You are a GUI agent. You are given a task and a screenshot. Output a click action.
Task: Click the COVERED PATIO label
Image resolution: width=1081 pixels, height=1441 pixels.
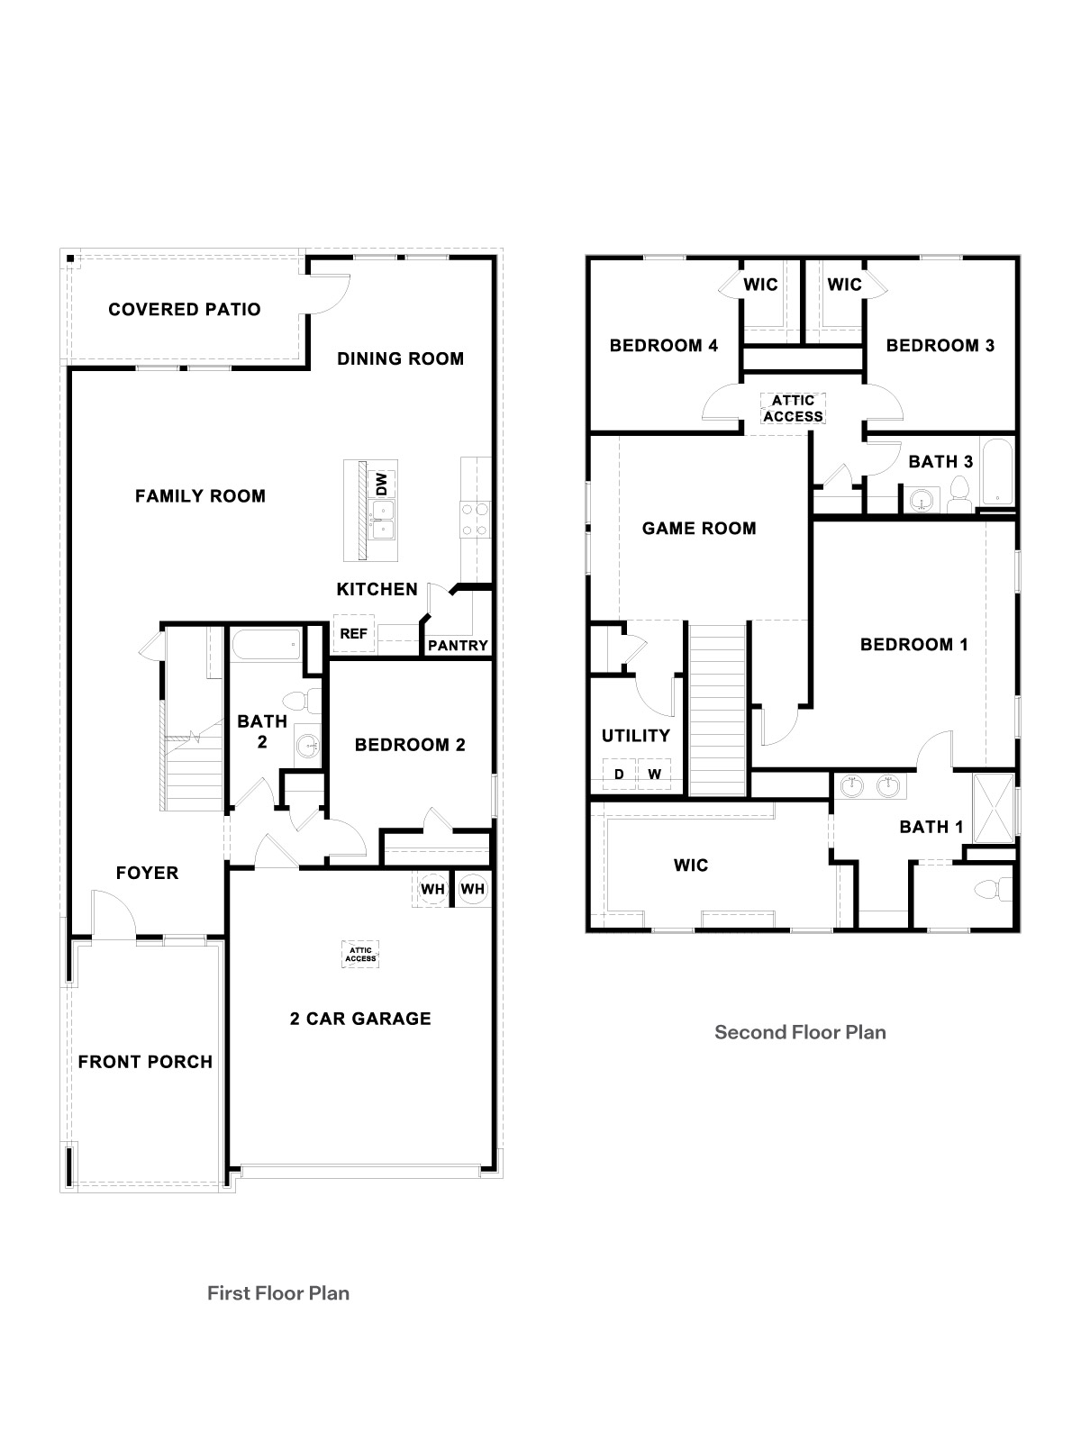tap(185, 310)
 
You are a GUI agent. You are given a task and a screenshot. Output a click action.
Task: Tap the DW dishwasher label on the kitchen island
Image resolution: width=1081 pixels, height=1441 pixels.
tap(381, 484)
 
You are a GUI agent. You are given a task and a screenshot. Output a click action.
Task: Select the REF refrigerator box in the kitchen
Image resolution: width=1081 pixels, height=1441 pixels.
tap(353, 634)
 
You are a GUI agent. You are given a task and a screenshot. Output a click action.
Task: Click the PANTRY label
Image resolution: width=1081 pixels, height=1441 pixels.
tap(458, 646)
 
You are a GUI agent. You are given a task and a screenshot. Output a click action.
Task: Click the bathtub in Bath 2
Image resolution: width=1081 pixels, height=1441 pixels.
tap(267, 645)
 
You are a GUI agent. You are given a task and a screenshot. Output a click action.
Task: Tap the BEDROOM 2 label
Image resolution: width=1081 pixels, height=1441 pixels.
tap(410, 745)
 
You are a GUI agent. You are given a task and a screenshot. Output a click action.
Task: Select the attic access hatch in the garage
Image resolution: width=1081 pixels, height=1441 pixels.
tap(360, 954)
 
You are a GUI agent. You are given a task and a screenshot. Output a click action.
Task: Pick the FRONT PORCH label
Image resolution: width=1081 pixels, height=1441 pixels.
tap(145, 1062)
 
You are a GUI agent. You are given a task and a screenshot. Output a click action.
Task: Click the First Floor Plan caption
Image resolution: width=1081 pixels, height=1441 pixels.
tap(278, 1293)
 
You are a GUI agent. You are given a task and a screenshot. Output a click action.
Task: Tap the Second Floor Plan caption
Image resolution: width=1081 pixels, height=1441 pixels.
tap(800, 1032)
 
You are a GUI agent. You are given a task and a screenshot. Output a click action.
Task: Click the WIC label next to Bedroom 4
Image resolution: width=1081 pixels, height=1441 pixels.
tap(760, 285)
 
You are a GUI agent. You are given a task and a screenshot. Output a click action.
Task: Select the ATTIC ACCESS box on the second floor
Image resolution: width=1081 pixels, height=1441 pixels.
tap(793, 408)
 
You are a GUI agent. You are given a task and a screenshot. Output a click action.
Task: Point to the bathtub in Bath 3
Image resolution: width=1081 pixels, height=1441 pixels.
tap(997, 472)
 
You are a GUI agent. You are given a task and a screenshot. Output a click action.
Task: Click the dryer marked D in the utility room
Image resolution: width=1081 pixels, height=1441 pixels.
tap(619, 775)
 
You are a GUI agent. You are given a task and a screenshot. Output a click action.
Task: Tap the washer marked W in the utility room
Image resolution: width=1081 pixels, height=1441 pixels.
tap(655, 775)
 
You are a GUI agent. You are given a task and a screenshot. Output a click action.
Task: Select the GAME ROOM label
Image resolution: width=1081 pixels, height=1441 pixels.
tap(699, 529)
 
